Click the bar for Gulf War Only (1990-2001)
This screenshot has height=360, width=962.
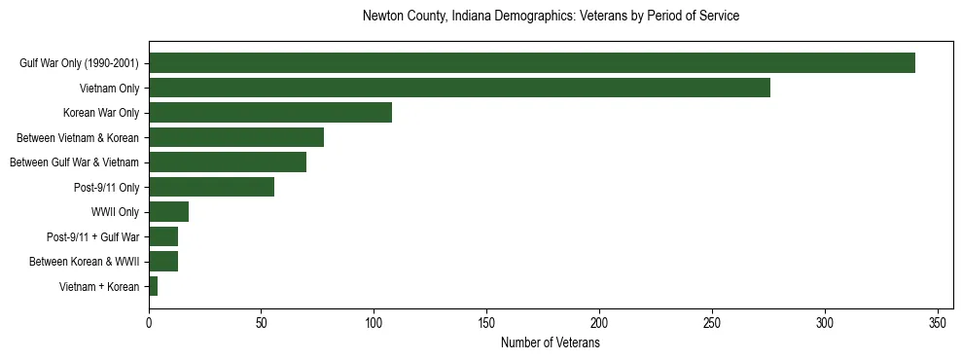pos(531,63)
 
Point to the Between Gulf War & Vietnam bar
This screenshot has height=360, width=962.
pos(228,162)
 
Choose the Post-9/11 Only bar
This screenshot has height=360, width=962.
pos(211,187)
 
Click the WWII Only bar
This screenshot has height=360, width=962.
pos(168,212)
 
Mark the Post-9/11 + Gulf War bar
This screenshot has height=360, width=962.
pos(163,236)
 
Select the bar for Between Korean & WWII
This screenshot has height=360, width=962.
pos(163,261)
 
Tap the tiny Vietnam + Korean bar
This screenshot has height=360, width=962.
pos(153,286)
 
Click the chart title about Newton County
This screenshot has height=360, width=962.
pos(551,17)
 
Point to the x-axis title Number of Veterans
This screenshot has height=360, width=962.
pos(551,343)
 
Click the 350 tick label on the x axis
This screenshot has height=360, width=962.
pos(938,322)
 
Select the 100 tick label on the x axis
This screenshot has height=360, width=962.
pos(374,322)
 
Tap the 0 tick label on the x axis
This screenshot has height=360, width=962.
pos(149,322)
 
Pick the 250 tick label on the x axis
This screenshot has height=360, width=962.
pos(712,322)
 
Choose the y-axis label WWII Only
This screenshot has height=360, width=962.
pos(115,212)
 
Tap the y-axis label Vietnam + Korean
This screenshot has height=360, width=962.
pos(99,286)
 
